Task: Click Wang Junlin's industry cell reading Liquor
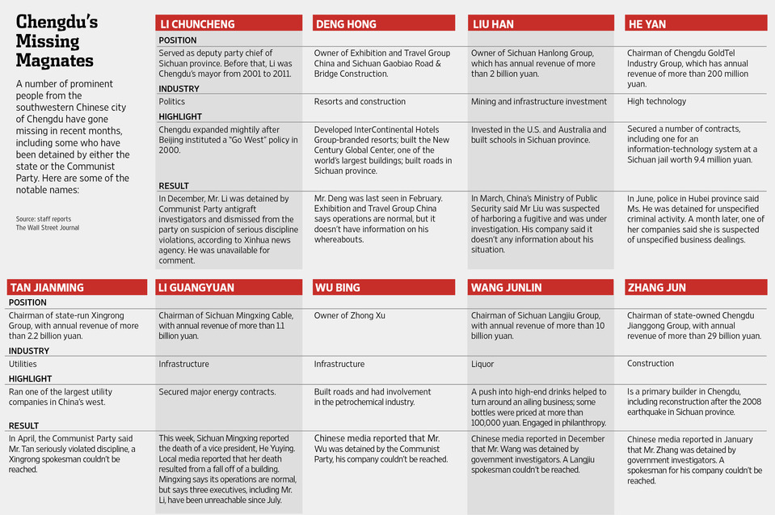click(482, 365)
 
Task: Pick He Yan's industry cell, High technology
click(656, 101)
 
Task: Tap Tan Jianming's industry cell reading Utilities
click(23, 365)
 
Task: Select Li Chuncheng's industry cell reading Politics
click(172, 101)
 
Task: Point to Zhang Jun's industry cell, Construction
click(651, 364)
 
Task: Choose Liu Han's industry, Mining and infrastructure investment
click(538, 101)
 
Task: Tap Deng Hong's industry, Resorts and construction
click(360, 101)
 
